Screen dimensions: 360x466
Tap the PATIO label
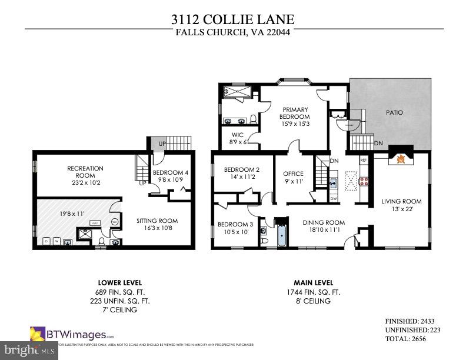click(394, 112)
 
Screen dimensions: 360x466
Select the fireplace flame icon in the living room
click(402, 159)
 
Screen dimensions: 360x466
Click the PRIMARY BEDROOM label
click(295, 113)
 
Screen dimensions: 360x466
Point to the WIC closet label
click(238, 135)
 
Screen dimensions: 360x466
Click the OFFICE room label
click(293, 174)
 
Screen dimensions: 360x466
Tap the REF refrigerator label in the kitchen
click(363, 160)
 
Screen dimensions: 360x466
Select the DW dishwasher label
click(334, 198)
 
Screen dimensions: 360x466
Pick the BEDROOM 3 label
click(235, 224)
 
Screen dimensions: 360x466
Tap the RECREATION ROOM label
click(85, 172)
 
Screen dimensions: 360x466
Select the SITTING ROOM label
click(157, 221)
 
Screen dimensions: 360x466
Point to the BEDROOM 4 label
click(171, 172)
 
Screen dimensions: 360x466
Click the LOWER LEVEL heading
click(119, 283)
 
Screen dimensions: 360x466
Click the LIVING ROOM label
click(401, 202)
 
